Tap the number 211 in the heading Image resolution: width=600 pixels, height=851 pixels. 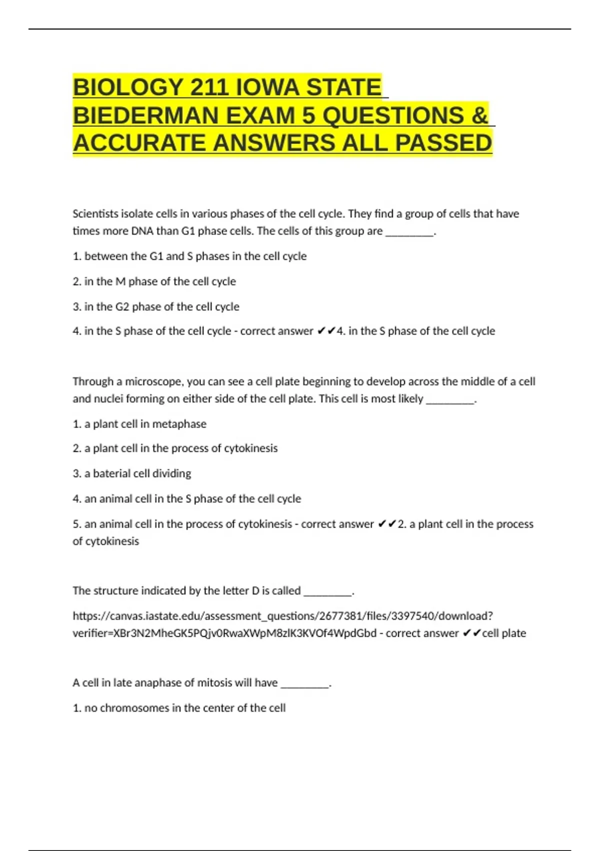(x=209, y=88)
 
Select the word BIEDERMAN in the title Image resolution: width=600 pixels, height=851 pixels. (x=145, y=116)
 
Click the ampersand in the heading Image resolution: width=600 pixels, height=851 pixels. (x=479, y=116)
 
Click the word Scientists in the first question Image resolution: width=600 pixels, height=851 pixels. (x=95, y=214)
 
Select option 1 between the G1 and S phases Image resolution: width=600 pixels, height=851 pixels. (x=189, y=256)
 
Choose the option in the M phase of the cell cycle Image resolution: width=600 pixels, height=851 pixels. (x=154, y=281)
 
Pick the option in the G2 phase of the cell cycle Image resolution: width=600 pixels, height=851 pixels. (x=156, y=306)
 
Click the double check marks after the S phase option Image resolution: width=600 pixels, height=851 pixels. (x=326, y=331)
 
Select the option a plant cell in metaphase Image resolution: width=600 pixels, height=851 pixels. (x=139, y=424)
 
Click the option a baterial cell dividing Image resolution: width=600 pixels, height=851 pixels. (x=132, y=474)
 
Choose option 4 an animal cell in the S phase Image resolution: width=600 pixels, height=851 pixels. (x=187, y=499)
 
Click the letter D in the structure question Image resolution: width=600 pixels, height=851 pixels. (x=255, y=591)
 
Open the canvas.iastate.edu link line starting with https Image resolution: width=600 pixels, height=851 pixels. (x=282, y=616)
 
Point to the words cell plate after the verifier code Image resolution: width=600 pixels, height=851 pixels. (x=504, y=633)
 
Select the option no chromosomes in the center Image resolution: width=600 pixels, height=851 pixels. (x=179, y=708)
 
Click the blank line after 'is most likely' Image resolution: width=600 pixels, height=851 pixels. (x=449, y=399)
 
